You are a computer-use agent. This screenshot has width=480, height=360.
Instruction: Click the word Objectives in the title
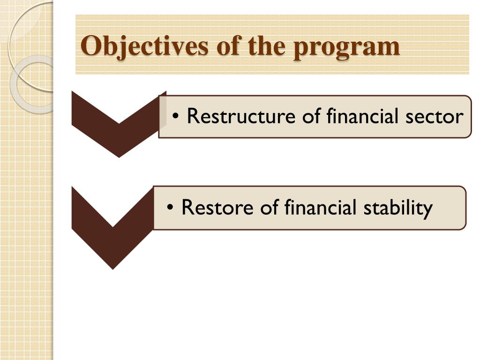pyautogui.click(x=145, y=46)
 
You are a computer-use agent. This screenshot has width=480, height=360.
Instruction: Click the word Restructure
pyautogui.click(x=241, y=116)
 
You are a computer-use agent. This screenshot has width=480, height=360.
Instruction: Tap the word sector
pyautogui.click(x=435, y=117)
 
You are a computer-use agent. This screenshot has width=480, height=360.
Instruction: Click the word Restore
pyautogui.click(x=217, y=207)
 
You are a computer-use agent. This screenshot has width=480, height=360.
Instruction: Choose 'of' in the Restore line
pyautogui.click(x=270, y=207)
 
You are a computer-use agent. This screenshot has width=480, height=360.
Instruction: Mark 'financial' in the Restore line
pyautogui.click(x=321, y=207)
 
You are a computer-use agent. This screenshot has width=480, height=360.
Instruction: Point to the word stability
pyautogui.click(x=398, y=209)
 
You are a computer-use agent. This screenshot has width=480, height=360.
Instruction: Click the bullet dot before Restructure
pyautogui.click(x=175, y=116)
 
